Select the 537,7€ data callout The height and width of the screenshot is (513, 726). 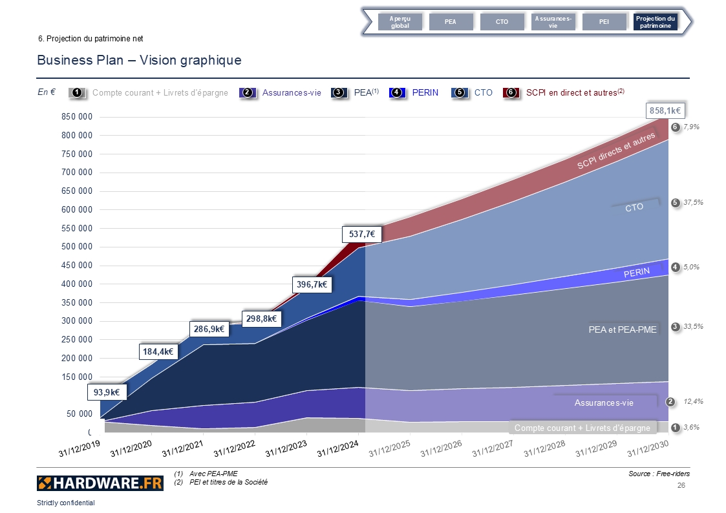(x=361, y=234)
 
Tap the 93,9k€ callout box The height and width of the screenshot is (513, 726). (x=107, y=392)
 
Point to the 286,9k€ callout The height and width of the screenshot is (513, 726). (x=209, y=329)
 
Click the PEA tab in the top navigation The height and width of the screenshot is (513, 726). (x=450, y=22)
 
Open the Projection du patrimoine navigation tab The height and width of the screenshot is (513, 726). (x=655, y=22)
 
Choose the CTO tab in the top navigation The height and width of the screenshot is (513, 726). (x=502, y=22)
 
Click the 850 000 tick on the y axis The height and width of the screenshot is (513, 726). (x=76, y=117)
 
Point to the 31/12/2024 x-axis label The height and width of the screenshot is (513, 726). (x=338, y=446)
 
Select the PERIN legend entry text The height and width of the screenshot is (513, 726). (x=425, y=93)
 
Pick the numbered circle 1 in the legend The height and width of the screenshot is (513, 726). (x=77, y=93)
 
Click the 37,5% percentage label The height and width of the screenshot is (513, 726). (x=693, y=203)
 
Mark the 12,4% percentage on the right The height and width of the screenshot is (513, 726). (x=693, y=402)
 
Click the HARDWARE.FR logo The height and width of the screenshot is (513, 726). (x=91, y=483)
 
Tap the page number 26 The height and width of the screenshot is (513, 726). (x=680, y=485)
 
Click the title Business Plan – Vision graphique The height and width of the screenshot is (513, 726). (x=139, y=61)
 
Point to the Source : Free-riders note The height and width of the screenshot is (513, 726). (x=658, y=474)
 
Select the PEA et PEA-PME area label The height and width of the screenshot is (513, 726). (x=623, y=330)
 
